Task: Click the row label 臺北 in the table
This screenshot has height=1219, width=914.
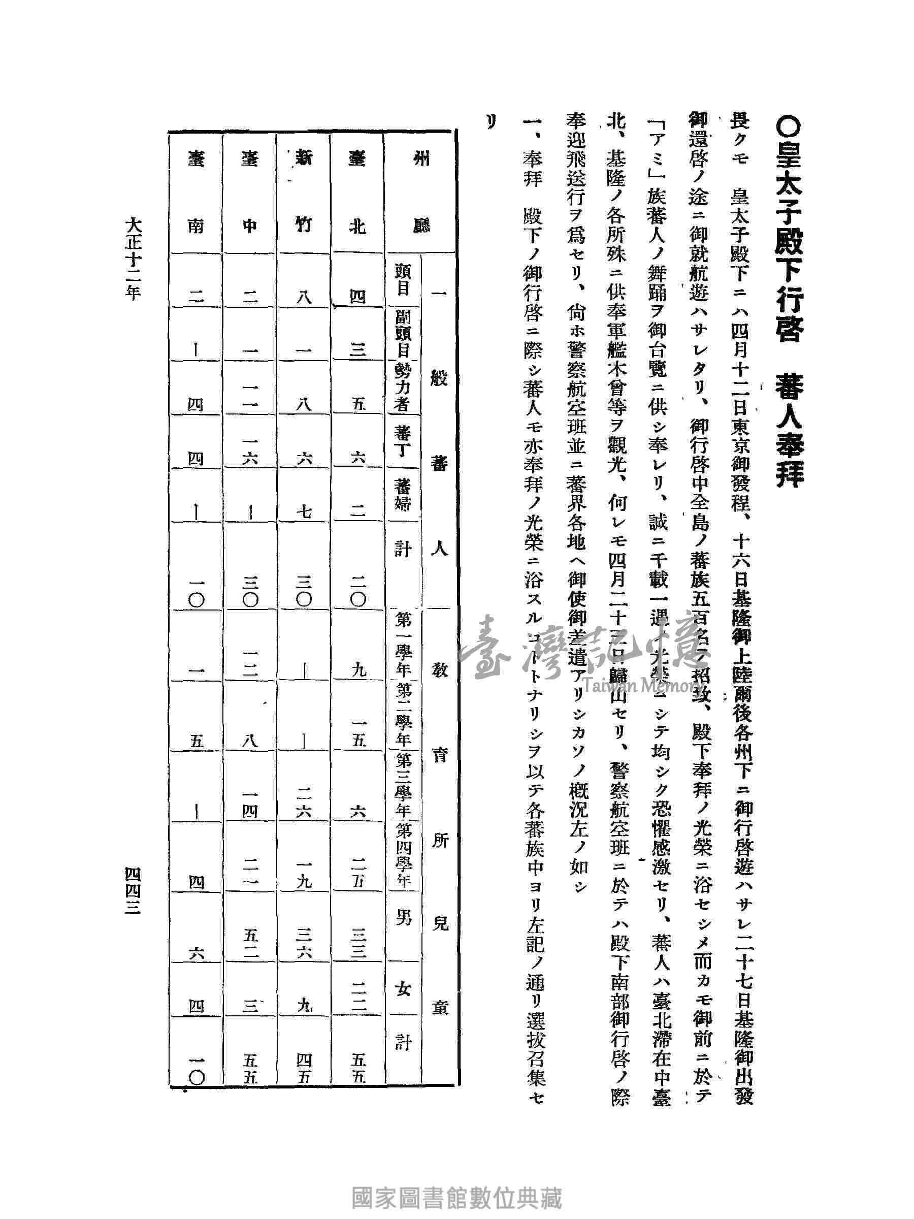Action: [357, 193]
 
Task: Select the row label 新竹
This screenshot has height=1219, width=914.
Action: [304, 193]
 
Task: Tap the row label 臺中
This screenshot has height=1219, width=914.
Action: [250, 193]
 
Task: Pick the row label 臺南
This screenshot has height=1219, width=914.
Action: [196, 193]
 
